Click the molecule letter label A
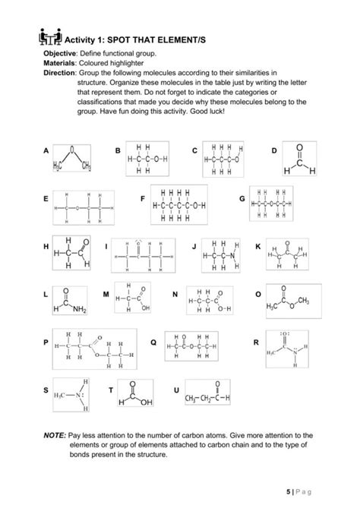(x=46, y=150)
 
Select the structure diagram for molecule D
(x=298, y=160)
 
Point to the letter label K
(x=258, y=248)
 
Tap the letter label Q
(x=153, y=343)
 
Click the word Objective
(x=62, y=55)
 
